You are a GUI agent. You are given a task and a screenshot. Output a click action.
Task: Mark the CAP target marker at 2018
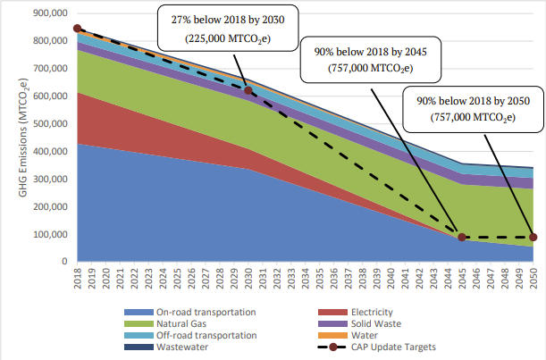[x=77, y=29]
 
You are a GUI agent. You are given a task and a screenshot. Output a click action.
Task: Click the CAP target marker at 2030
[x=248, y=90]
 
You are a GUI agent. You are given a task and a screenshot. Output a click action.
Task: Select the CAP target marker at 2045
[x=462, y=237]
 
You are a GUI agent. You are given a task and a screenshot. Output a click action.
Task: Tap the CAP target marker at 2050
[x=533, y=237]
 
